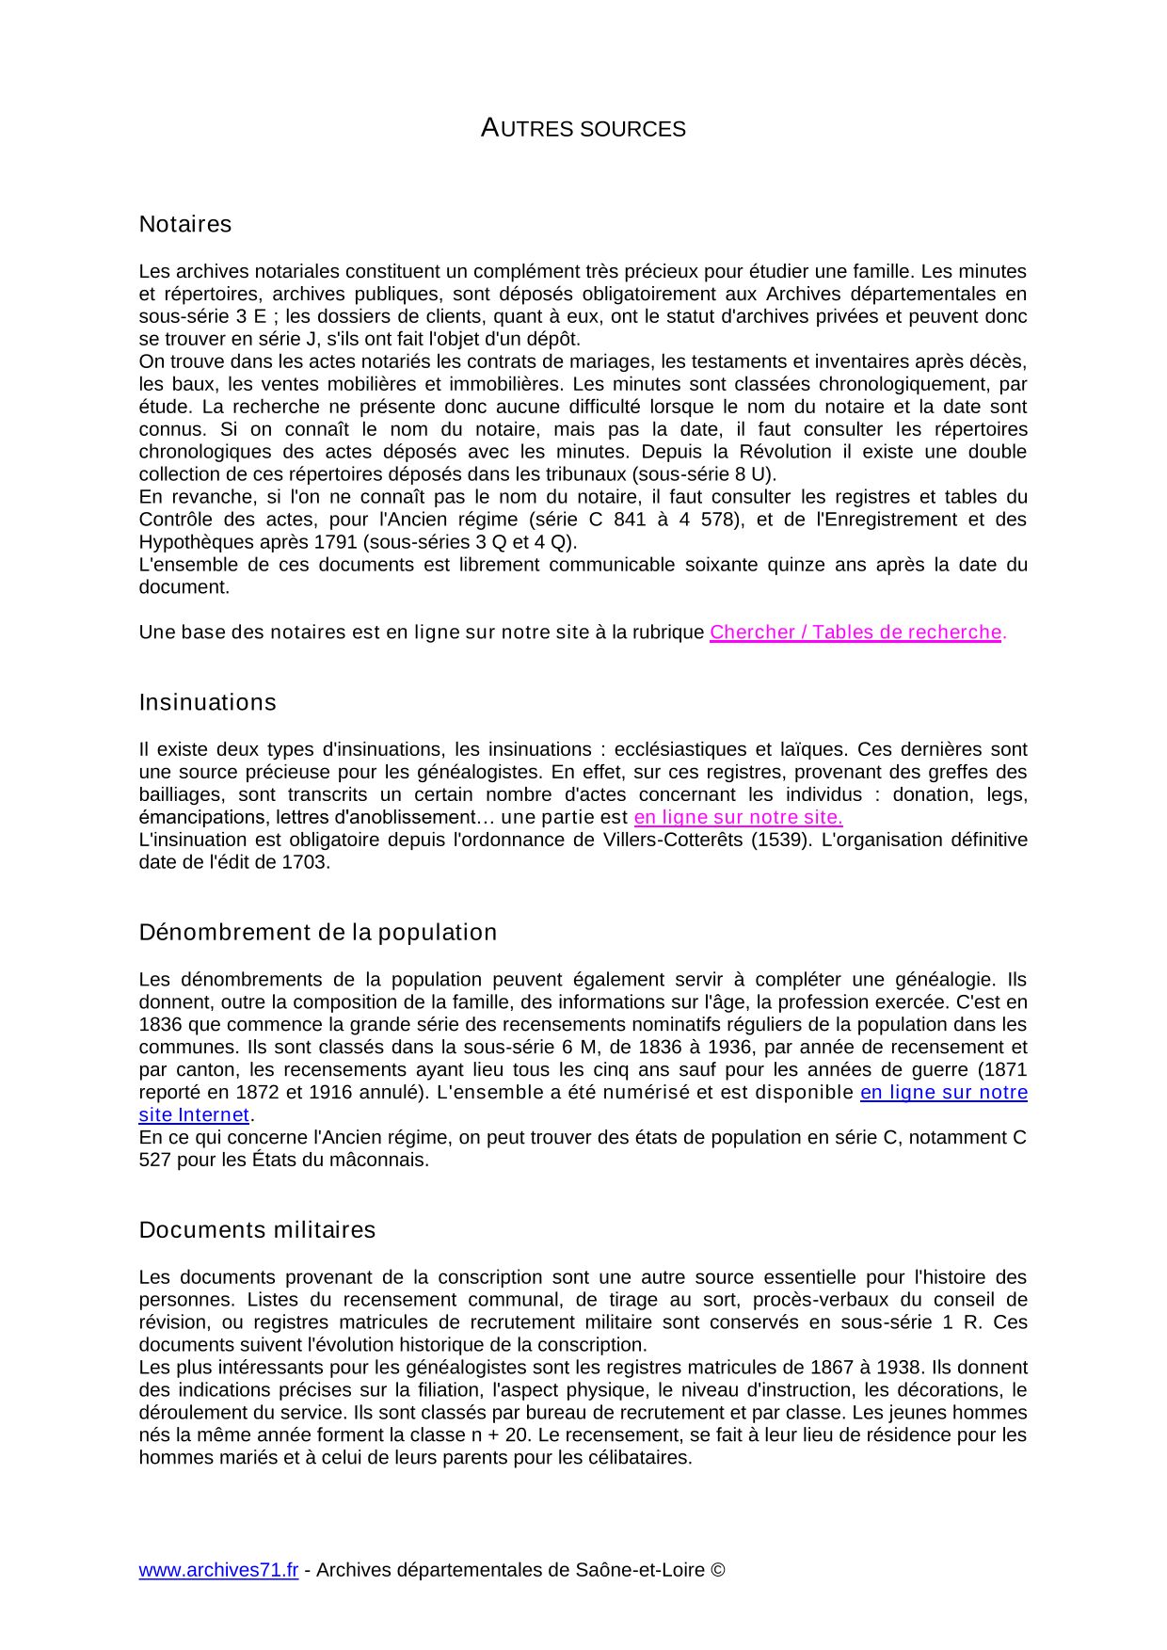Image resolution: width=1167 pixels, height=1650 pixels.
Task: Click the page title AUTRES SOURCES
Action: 583,129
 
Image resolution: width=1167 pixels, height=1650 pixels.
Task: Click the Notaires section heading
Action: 184,224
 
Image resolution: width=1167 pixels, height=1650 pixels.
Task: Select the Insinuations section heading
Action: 207,702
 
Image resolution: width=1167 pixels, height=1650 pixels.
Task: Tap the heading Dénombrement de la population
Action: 317,932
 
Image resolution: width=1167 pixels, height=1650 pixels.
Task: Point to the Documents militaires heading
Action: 257,1229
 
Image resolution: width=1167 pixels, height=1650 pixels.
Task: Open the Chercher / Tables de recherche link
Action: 855,633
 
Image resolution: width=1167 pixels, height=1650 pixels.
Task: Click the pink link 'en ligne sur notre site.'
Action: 738,817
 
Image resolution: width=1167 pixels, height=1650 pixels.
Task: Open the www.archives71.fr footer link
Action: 218,1570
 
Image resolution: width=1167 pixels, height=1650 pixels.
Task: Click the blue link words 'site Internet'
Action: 194,1114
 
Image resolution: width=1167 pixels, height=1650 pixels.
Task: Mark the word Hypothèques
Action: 194,542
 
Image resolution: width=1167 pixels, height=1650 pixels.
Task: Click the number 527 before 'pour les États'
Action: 154,1160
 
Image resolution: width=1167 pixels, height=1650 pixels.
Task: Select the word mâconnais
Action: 384,1160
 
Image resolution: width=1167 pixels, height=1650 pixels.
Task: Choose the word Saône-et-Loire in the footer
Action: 639,1570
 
